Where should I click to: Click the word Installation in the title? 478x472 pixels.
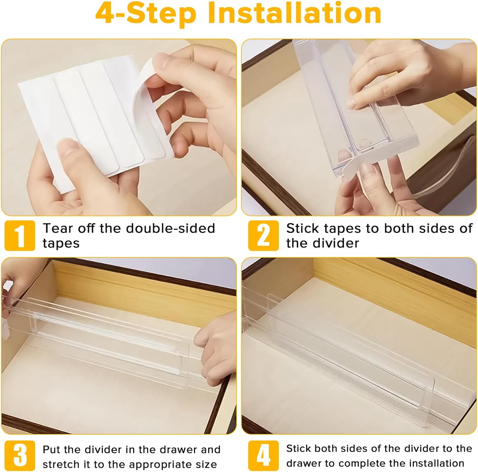tap(295, 14)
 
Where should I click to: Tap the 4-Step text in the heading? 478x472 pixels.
tap(146, 14)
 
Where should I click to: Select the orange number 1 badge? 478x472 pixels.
tap(20, 236)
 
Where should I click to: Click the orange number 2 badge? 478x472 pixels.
tap(263, 236)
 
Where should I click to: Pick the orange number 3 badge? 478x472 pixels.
tap(20, 456)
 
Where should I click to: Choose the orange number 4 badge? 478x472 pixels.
tap(263, 456)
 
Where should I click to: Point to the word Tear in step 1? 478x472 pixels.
tap(57, 228)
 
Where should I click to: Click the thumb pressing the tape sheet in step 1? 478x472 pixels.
tap(71, 151)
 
